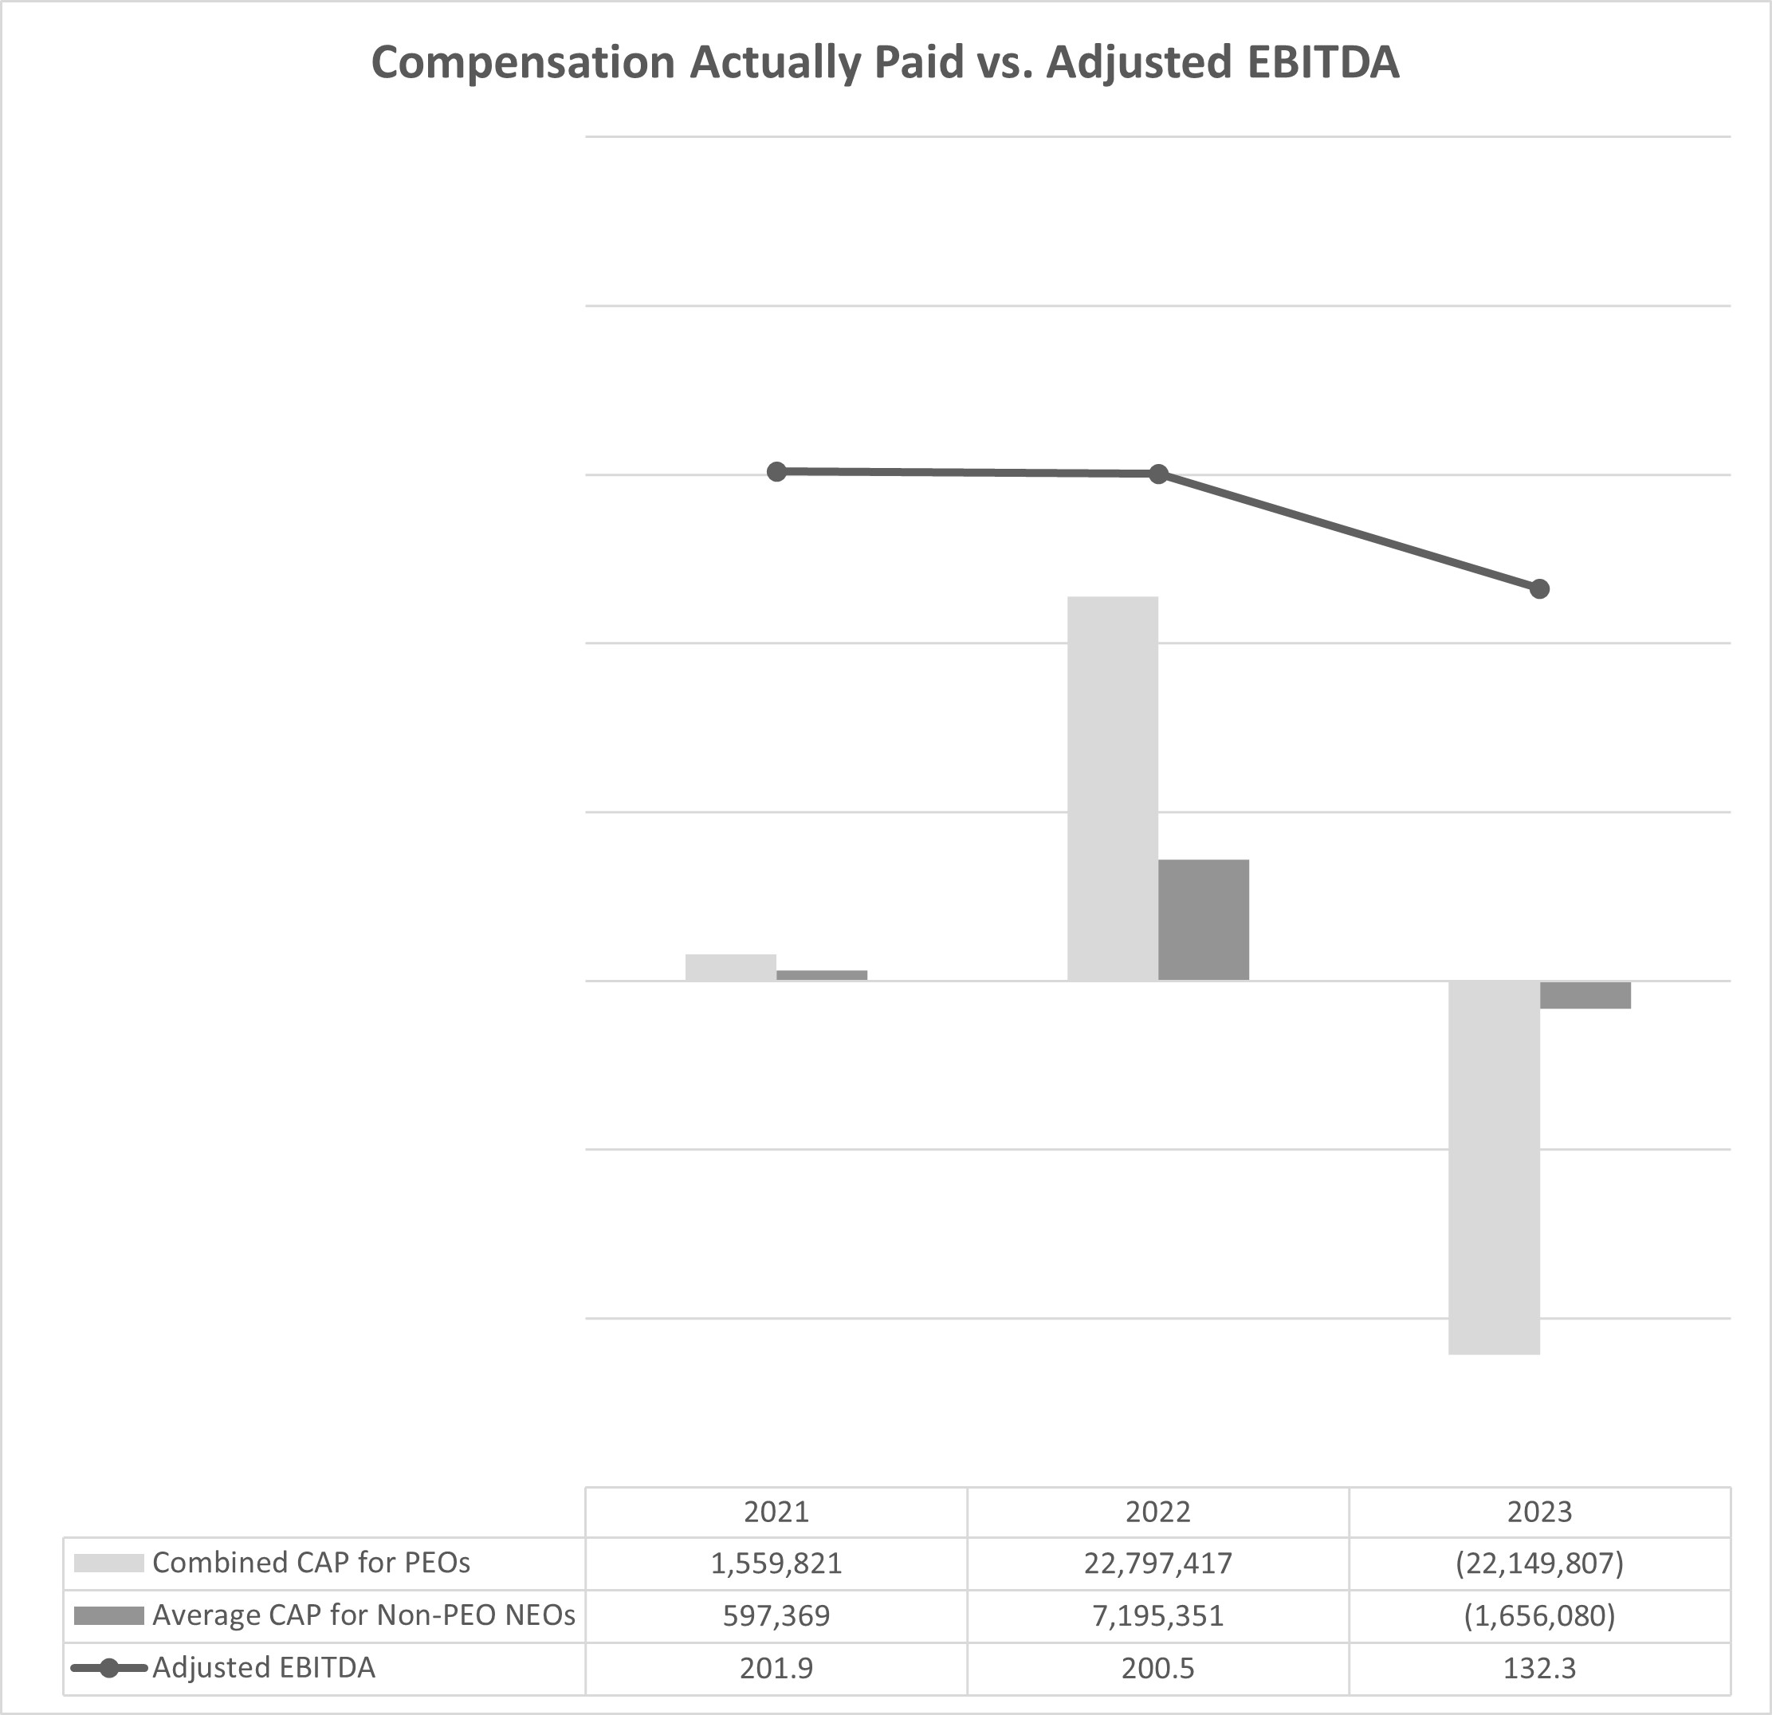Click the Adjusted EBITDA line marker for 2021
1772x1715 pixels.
[776, 471]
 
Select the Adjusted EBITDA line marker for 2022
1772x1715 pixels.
[1158, 474]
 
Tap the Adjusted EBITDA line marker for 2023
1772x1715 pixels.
[1540, 588]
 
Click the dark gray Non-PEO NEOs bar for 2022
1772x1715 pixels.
[1204, 919]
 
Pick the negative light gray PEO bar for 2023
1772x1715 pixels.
[1494, 1166]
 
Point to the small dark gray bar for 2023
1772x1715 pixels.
[1585, 994]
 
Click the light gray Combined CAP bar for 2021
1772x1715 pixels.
[730, 967]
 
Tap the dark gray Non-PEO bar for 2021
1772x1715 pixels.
[822, 975]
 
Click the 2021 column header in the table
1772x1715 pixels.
[776, 1512]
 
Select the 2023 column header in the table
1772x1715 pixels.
[1540, 1512]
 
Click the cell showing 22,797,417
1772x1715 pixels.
[1158, 1564]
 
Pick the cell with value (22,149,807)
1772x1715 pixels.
[1540, 1564]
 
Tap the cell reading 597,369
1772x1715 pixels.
[776, 1615]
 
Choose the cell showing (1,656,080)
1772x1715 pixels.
[1540, 1615]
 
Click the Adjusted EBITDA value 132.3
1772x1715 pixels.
[1540, 1668]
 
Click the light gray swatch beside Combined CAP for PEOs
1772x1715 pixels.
[108, 1564]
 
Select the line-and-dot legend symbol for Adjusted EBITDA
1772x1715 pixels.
[108, 1668]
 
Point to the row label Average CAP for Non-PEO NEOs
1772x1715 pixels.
[363, 1615]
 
